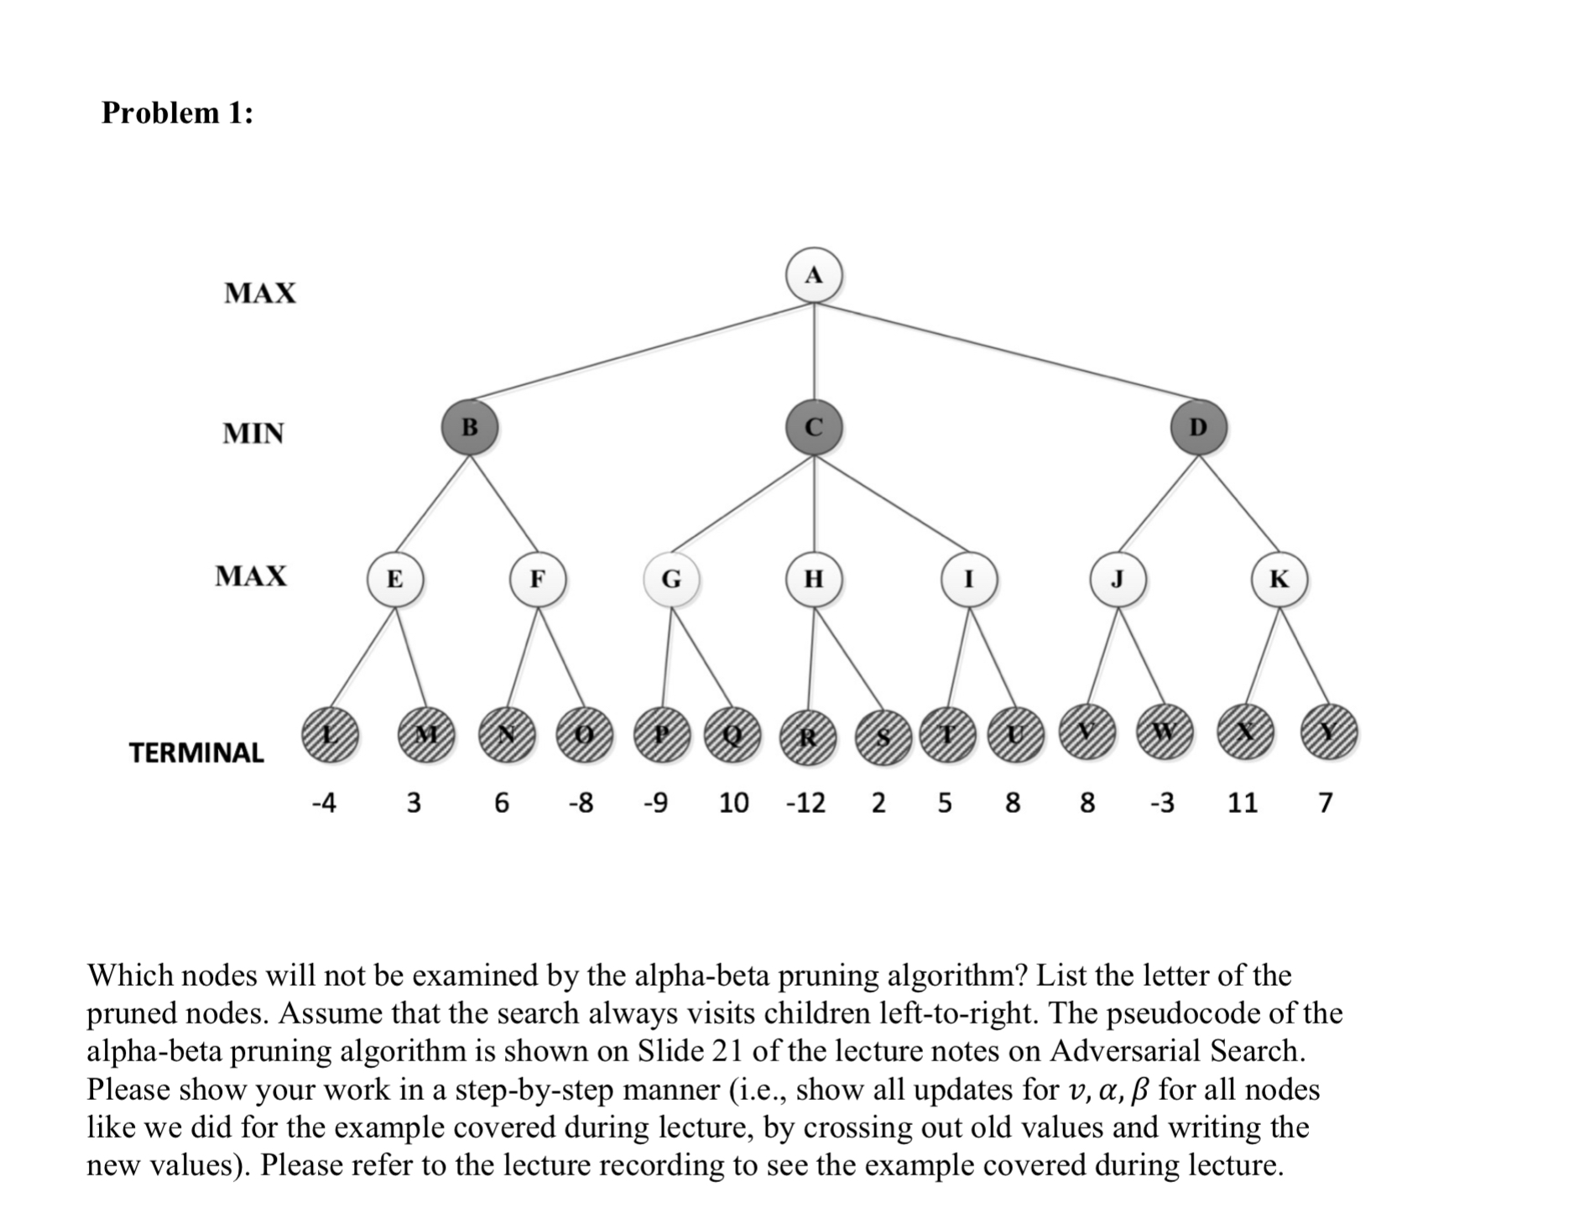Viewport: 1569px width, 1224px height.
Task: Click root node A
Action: tap(813, 275)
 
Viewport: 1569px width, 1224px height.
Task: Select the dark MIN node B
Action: tap(470, 427)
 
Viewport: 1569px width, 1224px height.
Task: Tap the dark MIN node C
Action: tap(813, 427)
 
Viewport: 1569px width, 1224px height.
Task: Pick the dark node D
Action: tap(1198, 427)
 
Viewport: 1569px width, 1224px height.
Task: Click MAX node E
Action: tap(394, 579)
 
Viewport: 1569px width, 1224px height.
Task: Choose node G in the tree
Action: tap(671, 579)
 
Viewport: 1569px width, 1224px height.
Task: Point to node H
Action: tap(813, 579)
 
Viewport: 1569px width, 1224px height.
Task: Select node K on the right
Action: tap(1279, 579)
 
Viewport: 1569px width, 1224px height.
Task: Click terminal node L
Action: tap(330, 733)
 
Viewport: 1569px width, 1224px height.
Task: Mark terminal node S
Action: tap(882, 737)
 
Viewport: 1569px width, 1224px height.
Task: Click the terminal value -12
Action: tap(805, 803)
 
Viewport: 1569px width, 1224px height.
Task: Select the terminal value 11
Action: tap(1242, 803)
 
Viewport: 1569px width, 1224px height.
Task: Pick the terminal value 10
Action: tap(733, 803)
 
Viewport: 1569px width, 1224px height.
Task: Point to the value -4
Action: tap(323, 803)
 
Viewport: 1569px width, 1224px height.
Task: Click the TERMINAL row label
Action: tap(196, 753)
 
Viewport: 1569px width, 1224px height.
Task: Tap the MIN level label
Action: tap(253, 433)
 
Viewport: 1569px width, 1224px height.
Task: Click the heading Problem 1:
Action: tap(177, 112)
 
